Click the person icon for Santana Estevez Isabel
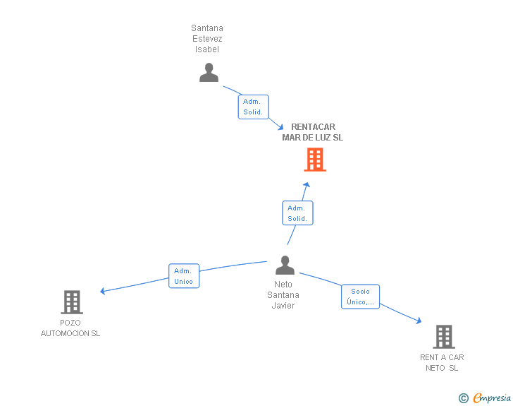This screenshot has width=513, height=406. pyautogui.click(x=209, y=73)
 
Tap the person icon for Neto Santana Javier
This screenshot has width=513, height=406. pyautogui.click(x=285, y=265)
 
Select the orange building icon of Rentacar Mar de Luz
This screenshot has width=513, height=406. pyautogui.click(x=315, y=160)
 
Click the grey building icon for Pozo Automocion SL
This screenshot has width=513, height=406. pyautogui.click(x=71, y=302)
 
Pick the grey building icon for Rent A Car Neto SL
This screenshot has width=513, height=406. pyautogui.click(x=443, y=337)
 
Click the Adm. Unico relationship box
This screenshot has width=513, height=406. pyautogui.click(x=184, y=276)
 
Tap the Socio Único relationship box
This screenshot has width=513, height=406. pyautogui.click(x=360, y=297)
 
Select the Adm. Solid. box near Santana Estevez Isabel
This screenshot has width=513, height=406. pyautogui.click(x=253, y=107)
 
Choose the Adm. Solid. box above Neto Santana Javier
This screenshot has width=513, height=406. pyautogui.click(x=297, y=213)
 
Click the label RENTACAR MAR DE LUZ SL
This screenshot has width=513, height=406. pyautogui.click(x=313, y=132)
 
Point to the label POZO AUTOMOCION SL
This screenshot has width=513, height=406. pyautogui.click(x=70, y=328)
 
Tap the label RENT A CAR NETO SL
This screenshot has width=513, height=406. pyautogui.click(x=442, y=362)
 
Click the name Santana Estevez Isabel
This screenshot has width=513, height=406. pyautogui.click(x=207, y=39)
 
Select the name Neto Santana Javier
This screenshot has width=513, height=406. pyautogui.click(x=283, y=295)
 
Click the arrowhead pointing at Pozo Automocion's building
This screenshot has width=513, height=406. pyautogui.click(x=103, y=291)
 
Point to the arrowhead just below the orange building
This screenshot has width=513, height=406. pyautogui.click(x=307, y=185)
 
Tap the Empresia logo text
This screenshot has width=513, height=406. pyautogui.click(x=492, y=398)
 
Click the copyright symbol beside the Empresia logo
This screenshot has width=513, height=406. pyautogui.click(x=464, y=398)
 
